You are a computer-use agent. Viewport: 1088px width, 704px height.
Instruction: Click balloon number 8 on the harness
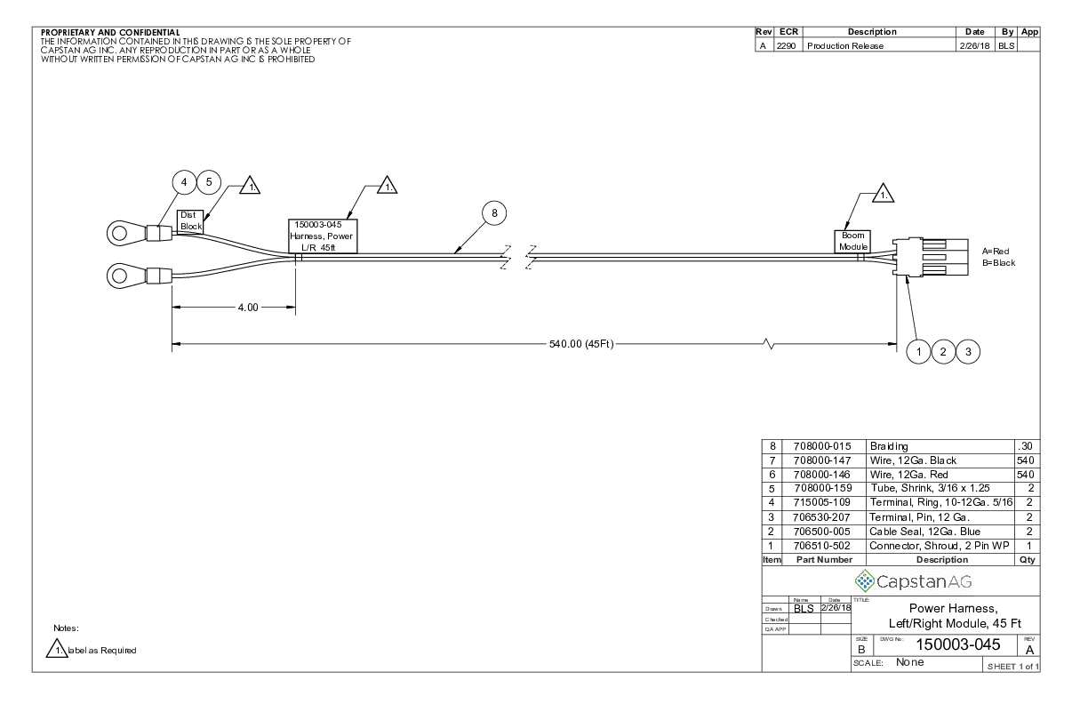pos(494,212)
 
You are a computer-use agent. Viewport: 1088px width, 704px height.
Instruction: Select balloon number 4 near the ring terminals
pos(184,181)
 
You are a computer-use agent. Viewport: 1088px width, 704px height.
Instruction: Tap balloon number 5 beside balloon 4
pos(209,181)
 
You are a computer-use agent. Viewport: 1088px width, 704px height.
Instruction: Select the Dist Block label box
pos(191,220)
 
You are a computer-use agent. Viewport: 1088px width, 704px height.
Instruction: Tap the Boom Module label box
pos(852,241)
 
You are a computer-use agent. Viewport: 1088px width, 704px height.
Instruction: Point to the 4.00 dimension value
pos(247,308)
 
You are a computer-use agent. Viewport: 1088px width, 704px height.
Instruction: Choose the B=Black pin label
pos(999,263)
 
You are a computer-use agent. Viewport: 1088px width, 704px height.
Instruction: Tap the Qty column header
pos(1029,560)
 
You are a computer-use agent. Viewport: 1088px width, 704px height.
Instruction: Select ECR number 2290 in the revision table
pos(786,46)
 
